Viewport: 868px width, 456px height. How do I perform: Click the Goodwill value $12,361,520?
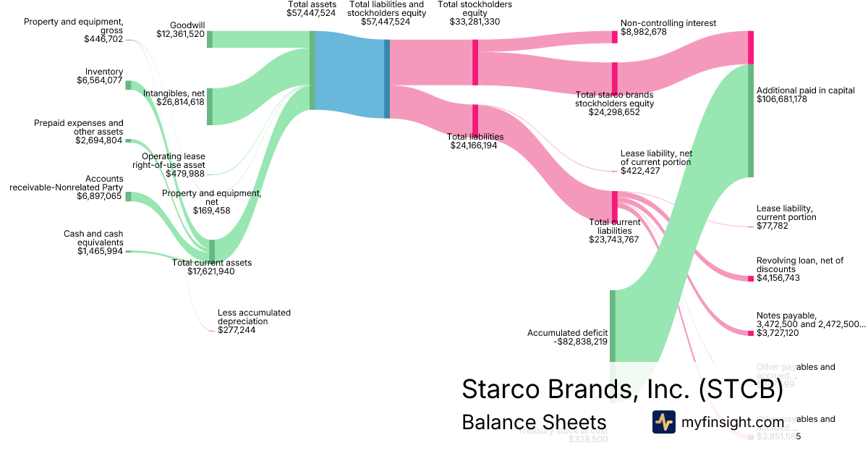tap(180, 34)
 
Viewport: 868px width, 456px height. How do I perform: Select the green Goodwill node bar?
tap(210, 39)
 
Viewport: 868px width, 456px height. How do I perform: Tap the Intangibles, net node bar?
tap(210, 106)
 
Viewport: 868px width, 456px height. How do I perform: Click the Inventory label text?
tap(104, 72)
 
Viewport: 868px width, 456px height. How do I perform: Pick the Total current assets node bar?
tap(212, 249)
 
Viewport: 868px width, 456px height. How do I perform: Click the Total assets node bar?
tap(312, 70)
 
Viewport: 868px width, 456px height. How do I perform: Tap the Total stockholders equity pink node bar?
tap(475, 56)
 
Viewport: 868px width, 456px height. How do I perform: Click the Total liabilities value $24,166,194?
tap(475, 145)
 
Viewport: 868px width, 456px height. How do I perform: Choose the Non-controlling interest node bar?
tap(615, 37)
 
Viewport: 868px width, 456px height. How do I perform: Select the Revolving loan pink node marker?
tap(750, 279)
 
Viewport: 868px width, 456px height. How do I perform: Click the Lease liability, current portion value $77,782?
tap(772, 227)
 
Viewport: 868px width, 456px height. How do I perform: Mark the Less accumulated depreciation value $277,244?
tap(236, 330)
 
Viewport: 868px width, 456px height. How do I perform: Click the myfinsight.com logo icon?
tap(663, 422)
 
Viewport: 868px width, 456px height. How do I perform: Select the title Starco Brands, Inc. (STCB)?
tap(622, 389)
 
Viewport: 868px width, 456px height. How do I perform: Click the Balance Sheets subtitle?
tap(534, 422)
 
